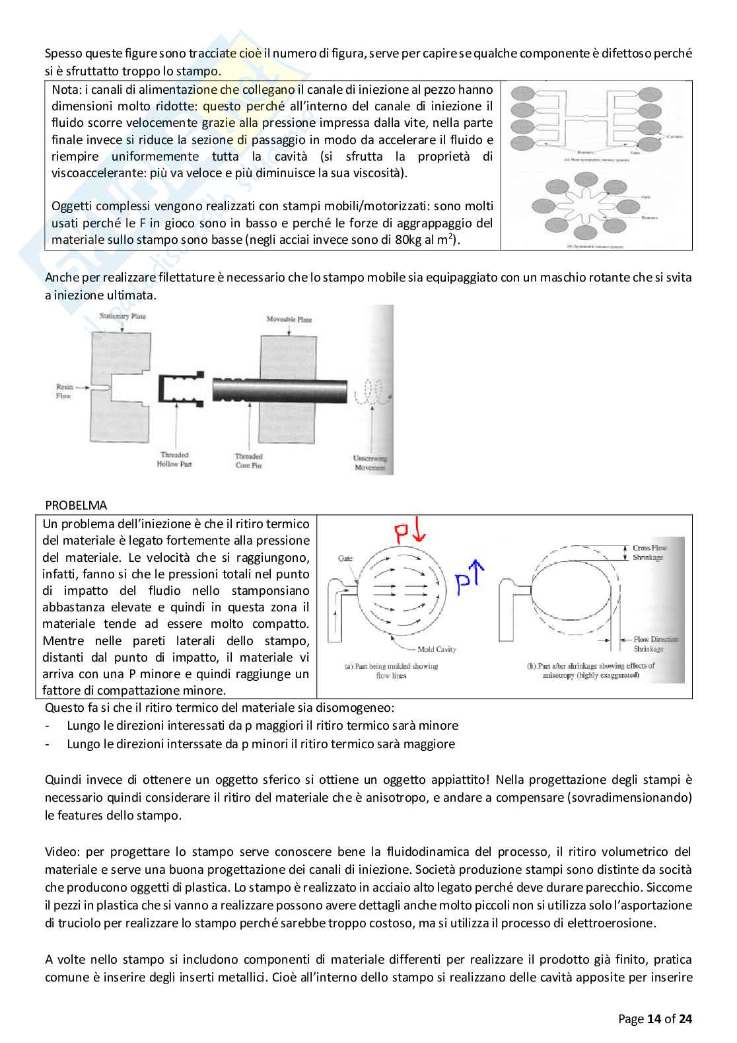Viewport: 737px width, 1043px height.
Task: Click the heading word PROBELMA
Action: [x=76, y=506]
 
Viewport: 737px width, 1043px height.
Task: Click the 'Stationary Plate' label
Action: [x=122, y=317]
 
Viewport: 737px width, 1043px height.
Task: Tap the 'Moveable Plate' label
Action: [x=289, y=319]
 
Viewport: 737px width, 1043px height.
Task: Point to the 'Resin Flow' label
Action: [x=64, y=391]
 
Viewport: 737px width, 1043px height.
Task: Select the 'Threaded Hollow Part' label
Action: [x=174, y=460]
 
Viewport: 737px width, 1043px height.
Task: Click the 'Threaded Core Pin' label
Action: [x=248, y=461]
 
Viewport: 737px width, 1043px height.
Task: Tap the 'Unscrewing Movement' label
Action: [x=370, y=463]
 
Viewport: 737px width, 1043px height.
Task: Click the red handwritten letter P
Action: [x=402, y=533]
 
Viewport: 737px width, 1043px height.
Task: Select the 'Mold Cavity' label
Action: [x=437, y=649]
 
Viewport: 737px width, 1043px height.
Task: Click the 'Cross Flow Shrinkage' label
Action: [x=650, y=553]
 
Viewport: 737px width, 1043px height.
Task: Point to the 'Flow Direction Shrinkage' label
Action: [x=655, y=644]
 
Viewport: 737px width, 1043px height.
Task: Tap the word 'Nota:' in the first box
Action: [x=66, y=90]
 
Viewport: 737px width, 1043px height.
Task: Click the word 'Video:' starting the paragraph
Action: [x=61, y=851]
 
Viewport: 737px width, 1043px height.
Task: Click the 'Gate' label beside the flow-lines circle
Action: [x=345, y=559]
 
